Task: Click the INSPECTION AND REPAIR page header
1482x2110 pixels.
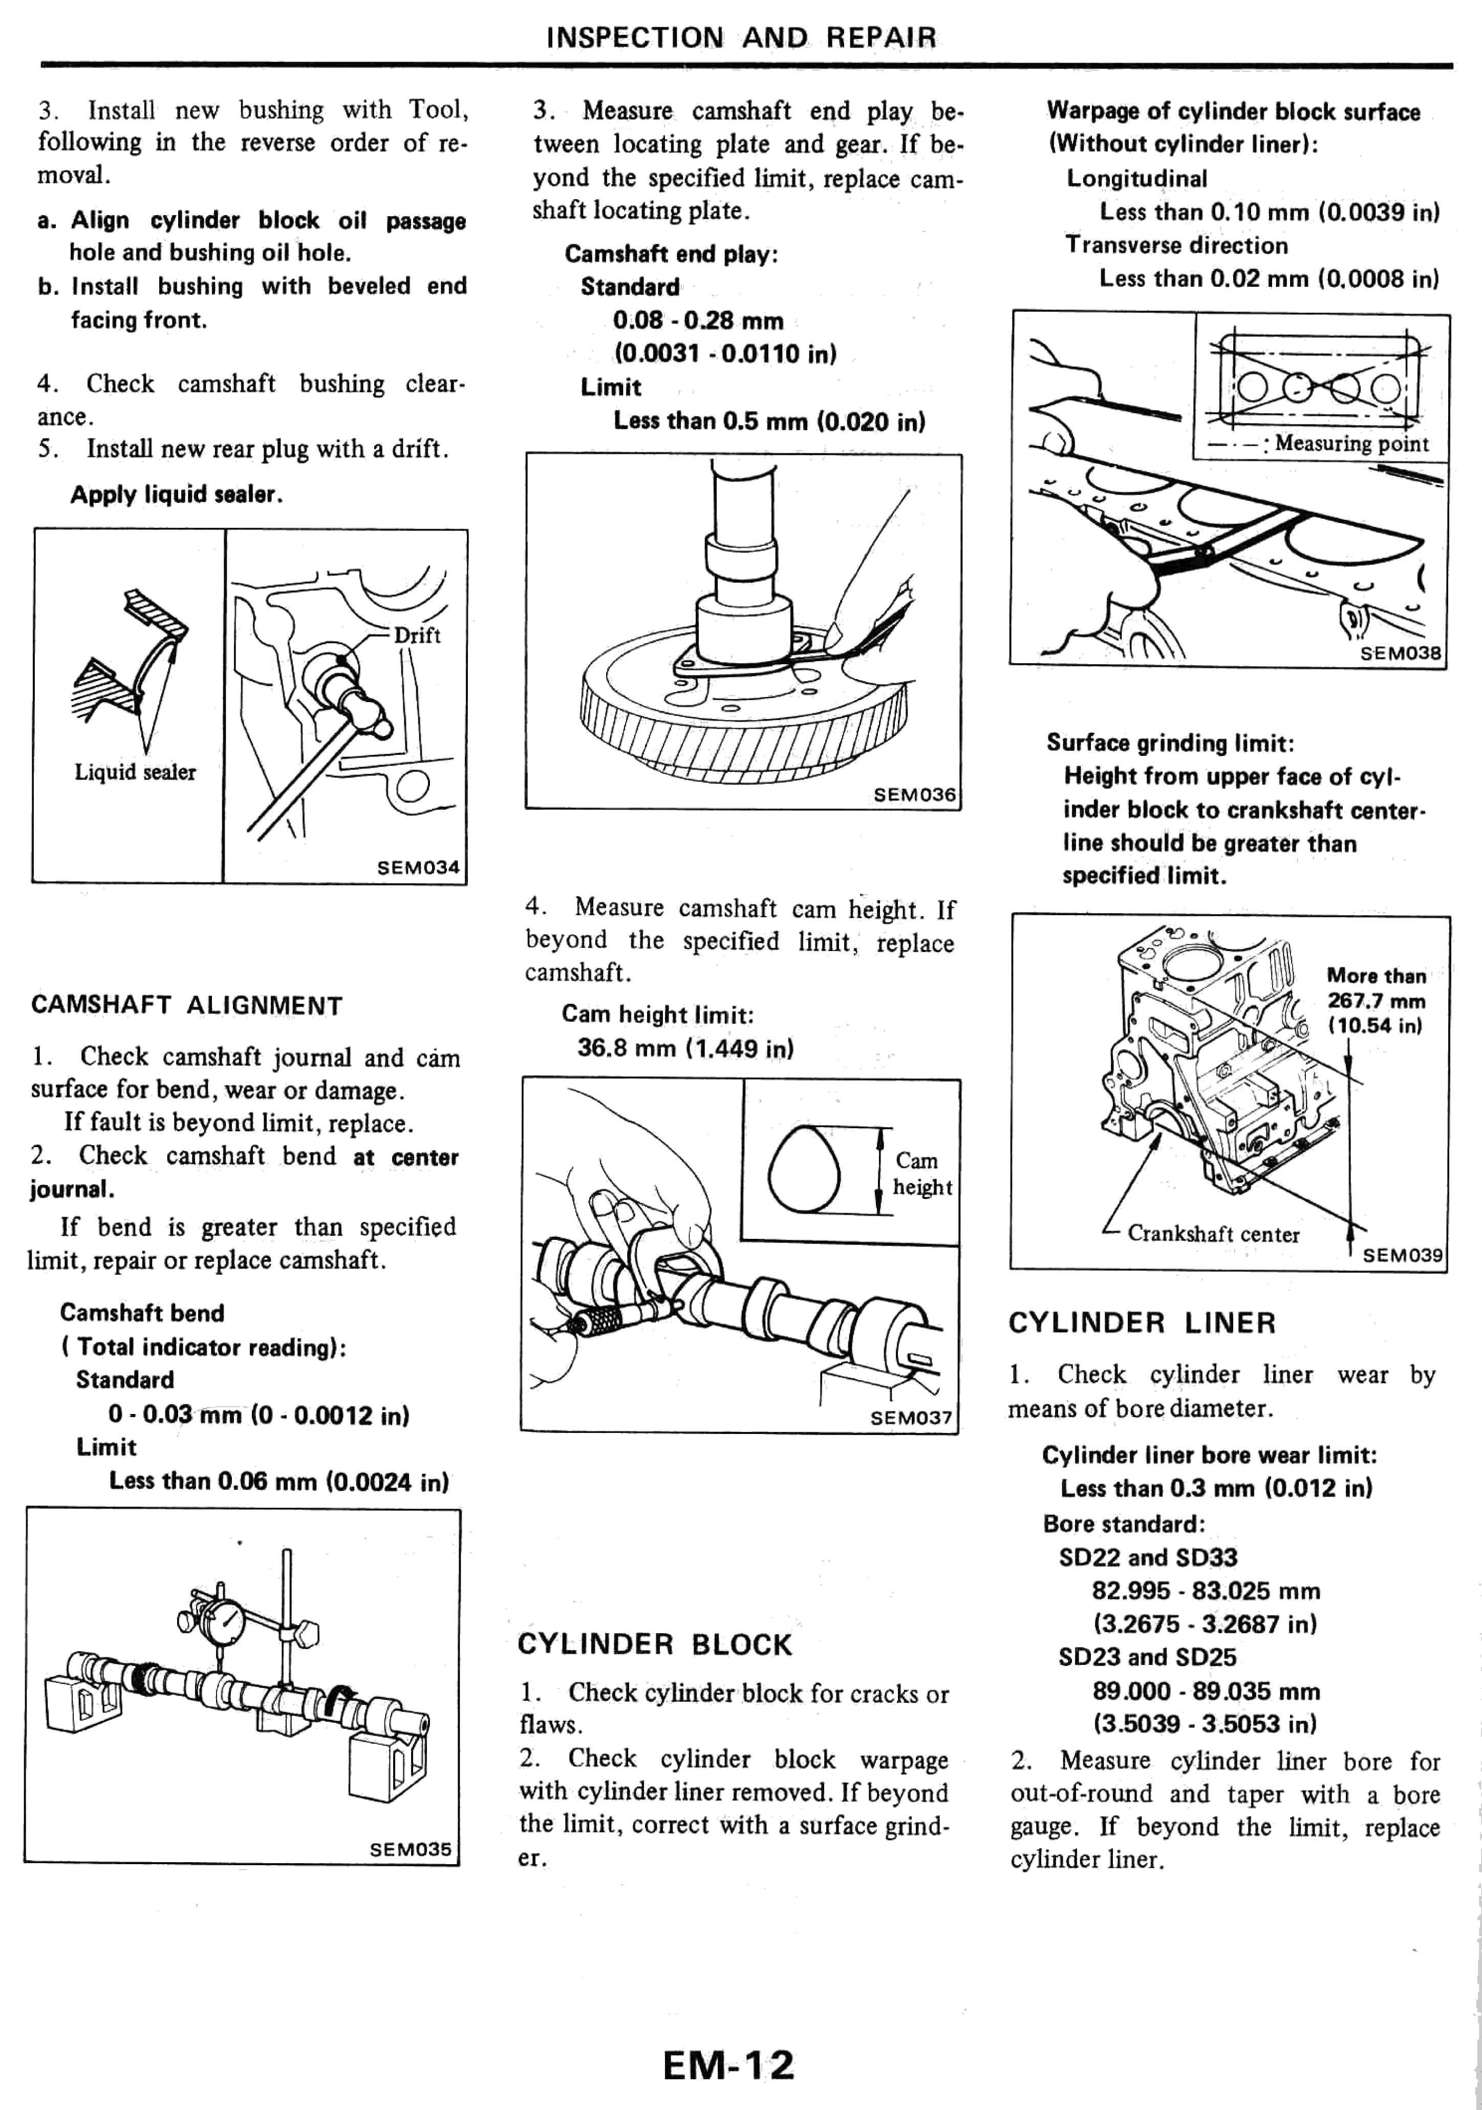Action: [741, 38]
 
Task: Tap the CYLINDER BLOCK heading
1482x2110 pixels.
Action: [654, 1644]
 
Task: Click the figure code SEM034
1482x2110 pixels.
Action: [418, 867]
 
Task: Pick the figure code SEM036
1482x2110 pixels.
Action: [914, 794]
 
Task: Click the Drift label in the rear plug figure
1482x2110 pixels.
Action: [417, 635]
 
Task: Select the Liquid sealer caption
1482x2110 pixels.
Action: [135, 772]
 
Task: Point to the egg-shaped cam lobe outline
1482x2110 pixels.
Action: [804, 1169]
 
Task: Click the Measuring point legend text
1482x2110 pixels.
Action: [1350, 444]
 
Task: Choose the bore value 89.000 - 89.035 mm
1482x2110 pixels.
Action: [1206, 1691]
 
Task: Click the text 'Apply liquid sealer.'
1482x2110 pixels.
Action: [177, 494]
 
